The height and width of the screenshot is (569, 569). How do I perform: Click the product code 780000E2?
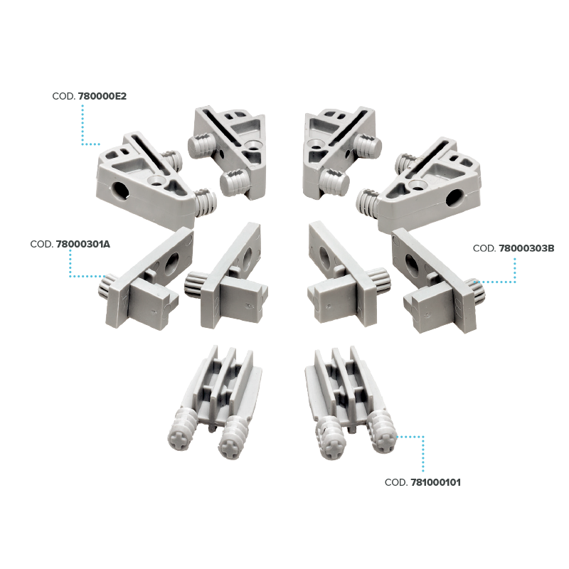click(x=102, y=97)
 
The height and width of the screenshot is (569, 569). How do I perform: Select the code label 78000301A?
click(x=83, y=244)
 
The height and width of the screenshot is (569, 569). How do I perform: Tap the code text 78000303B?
click(x=526, y=248)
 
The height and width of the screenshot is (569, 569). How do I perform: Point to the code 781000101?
click(x=435, y=482)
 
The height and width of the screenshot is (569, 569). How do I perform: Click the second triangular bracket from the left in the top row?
click(x=228, y=152)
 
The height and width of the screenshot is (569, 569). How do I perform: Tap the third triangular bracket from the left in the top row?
click(x=341, y=152)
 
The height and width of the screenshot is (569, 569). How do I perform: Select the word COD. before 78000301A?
click(x=42, y=244)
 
